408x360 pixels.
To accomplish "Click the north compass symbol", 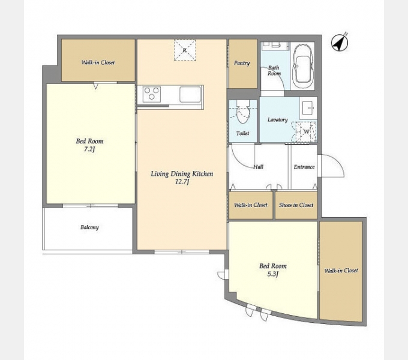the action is (340, 43).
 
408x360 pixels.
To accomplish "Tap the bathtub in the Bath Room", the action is (302, 66).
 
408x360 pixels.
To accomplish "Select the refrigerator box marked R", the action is (185, 50).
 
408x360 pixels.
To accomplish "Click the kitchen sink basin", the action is (190, 94).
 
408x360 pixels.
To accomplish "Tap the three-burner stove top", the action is (152, 94).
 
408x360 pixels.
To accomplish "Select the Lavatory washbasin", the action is (308, 108).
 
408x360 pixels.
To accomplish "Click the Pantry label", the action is (242, 63).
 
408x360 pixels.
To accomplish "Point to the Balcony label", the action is (89, 227).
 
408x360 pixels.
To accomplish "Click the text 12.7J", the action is (182, 182).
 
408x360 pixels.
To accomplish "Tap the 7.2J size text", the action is (89, 149).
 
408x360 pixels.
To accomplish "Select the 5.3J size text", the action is (272, 274).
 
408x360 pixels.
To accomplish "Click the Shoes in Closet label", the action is (296, 205).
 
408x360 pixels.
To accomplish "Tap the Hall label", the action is (259, 167).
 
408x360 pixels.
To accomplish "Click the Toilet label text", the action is (242, 133).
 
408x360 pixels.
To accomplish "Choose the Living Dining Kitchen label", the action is (182, 174).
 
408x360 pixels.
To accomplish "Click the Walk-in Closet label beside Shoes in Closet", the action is (251, 205).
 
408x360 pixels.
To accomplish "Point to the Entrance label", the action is (304, 167).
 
